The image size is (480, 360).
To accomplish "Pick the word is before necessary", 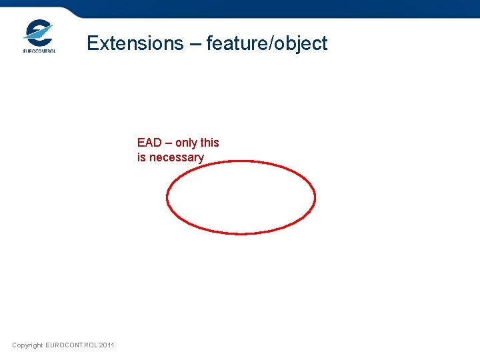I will [x=142, y=157].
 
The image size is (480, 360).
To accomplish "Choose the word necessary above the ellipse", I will [x=176, y=158].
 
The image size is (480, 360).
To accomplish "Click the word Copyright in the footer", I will [x=27, y=345].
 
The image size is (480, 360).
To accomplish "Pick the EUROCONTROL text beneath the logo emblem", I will [x=39, y=51].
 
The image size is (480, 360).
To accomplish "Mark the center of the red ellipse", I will [x=241, y=197].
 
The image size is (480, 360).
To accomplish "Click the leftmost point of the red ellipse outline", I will [x=167, y=198].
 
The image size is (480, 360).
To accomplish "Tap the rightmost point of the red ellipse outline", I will [x=315, y=197].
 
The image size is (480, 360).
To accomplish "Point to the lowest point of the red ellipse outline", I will [x=241, y=233].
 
